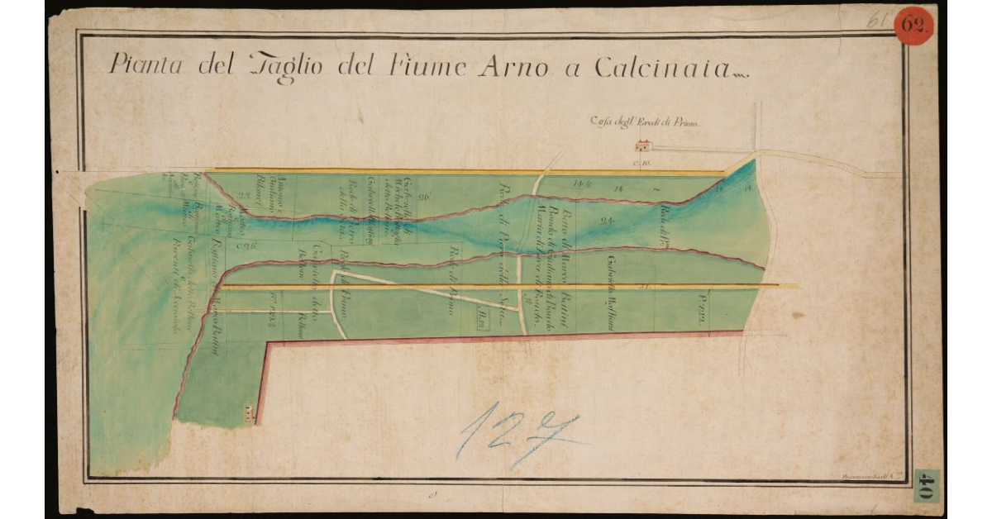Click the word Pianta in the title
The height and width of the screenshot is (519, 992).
coord(145,64)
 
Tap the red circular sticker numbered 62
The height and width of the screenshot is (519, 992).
coord(915,25)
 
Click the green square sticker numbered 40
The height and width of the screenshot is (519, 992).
coord(926,488)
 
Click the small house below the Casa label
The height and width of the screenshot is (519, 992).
coord(642,146)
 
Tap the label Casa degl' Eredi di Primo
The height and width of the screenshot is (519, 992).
coord(644,122)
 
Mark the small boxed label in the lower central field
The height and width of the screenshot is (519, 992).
coord(484,312)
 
